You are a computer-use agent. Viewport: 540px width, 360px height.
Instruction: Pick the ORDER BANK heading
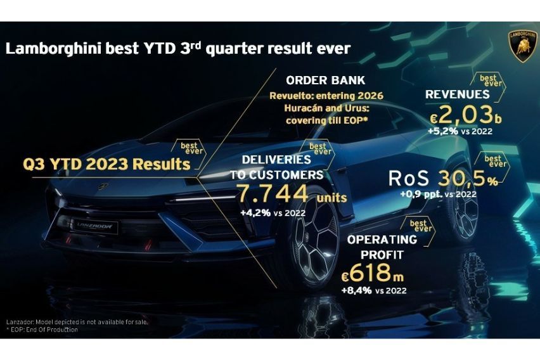pyautogui.click(x=325, y=80)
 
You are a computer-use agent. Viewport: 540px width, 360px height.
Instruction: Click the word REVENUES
pyautogui.click(x=457, y=94)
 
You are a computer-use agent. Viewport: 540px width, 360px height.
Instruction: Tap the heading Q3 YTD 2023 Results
pyautogui.click(x=107, y=164)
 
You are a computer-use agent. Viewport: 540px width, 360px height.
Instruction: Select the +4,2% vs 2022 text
pyautogui.click(x=273, y=213)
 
